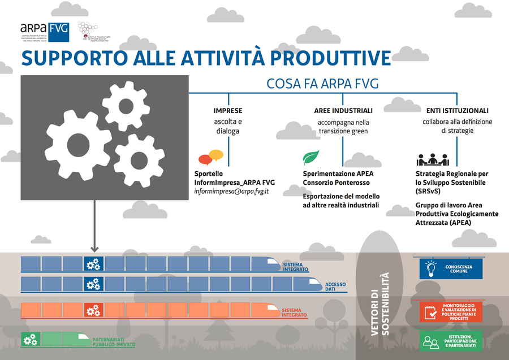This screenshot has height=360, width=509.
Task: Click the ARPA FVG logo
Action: [44, 32]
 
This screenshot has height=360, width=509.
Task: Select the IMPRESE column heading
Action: [228, 111]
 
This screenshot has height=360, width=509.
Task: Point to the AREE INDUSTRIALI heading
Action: [343, 111]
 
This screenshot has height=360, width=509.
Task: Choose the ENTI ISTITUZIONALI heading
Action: [458, 111]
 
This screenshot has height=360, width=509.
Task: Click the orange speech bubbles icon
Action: [210, 157]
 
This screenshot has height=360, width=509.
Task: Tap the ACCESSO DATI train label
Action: [339, 286]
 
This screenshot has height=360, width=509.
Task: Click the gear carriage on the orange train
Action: [93, 310]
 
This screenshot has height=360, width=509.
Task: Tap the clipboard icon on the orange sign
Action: [430, 311]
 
